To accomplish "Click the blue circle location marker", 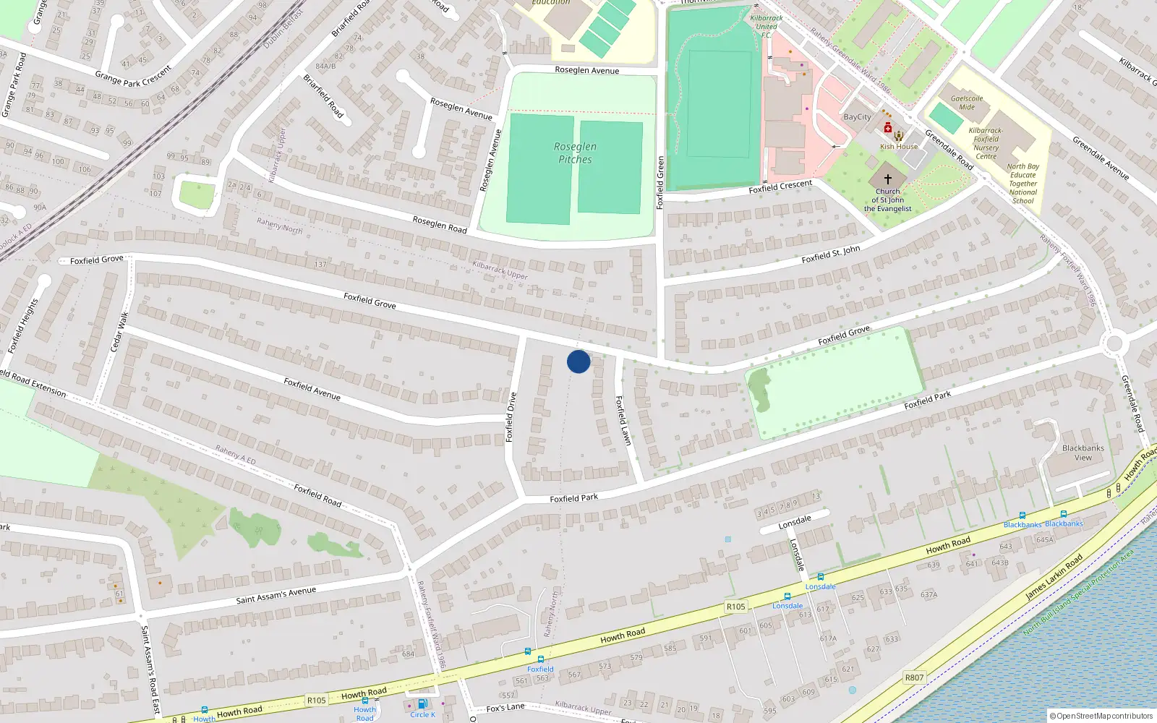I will [578, 361].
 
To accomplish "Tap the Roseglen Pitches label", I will [575, 153].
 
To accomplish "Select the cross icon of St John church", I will [888, 179].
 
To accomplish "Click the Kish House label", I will [899, 147].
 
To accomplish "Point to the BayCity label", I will [858, 117].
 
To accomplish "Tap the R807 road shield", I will [914, 677].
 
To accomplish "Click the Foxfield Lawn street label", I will [623, 420].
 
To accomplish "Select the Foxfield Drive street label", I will [511, 417].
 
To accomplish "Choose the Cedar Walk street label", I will [119, 333].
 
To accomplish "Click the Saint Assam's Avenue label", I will [276, 596].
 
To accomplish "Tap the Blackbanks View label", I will [1083, 453].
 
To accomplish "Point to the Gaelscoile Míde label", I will [967, 103].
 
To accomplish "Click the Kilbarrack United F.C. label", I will [767, 26].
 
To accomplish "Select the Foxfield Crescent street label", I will [780, 187].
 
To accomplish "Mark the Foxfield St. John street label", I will [831, 254].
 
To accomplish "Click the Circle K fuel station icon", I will [422, 703].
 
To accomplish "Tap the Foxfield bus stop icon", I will [540, 659].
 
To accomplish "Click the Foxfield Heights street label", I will [22, 326].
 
